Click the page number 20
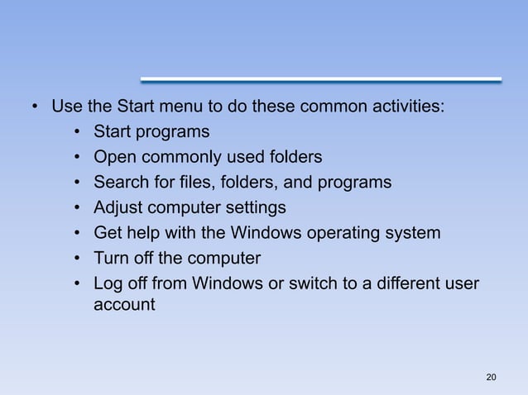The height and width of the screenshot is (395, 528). pyautogui.click(x=492, y=378)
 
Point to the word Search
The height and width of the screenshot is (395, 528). pyautogui.click(x=121, y=182)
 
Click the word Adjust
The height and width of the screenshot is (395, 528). pyautogui.click(x=118, y=207)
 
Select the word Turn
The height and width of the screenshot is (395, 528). pyautogui.click(x=112, y=258)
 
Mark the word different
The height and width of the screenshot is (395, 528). pyautogui.click(x=397, y=283)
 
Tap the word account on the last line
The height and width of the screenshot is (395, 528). pyautogui.click(x=124, y=304)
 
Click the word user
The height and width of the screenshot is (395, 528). pyautogui.click(x=460, y=283)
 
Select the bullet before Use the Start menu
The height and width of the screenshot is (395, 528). pyautogui.click(x=35, y=107)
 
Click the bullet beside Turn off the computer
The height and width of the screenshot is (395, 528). pyautogui.click(x=77, y=259)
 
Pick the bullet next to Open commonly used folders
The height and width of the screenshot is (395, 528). pyautogui.click(x=77, y=158)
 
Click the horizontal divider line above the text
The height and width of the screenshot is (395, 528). pyautogui.click(x=321, y=80)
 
